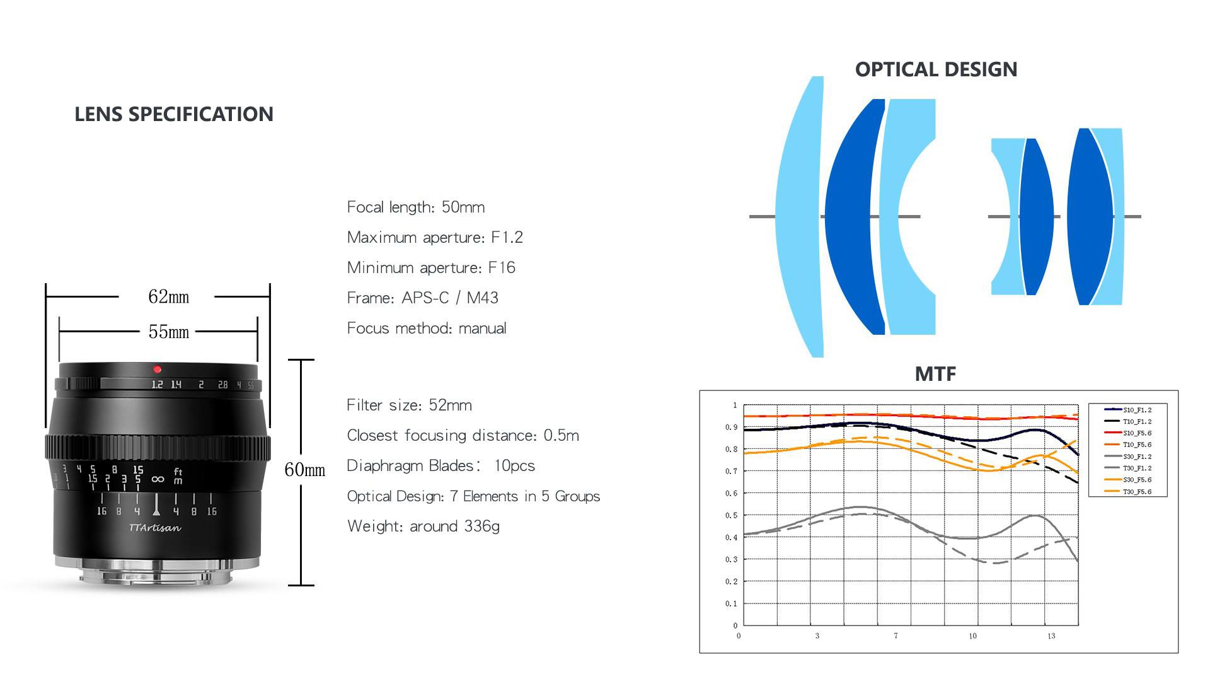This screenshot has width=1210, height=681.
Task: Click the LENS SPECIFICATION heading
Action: click(174, 114)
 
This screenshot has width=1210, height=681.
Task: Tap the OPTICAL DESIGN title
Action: click(936, 69)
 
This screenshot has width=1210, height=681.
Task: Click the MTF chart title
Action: click(935, 374)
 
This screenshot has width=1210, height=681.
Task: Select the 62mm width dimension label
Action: click(168, 296)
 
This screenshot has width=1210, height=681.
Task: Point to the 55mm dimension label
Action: click(168, 332)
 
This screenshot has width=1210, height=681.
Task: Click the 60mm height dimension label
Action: click(305, 470)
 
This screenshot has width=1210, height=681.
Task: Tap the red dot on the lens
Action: click(157, 369)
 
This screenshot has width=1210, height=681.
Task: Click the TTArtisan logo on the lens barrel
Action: click(155, 528)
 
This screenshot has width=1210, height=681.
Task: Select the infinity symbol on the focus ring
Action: click(158, 479)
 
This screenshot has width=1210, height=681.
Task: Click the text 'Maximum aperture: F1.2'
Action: click(435, 237)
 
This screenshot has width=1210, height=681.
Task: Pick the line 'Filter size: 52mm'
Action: click(409, 405)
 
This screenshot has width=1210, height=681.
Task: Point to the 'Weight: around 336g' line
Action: click(423, 527)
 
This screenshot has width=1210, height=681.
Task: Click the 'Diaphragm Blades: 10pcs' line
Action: click(441, 465)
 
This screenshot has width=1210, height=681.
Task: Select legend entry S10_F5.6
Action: click(1128, 433)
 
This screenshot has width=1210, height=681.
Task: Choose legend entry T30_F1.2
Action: click(1128, 468)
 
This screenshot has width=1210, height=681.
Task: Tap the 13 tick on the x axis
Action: click(1051, 636)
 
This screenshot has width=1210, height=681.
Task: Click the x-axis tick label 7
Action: click(896, 636)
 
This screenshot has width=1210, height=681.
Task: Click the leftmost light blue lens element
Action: click(799, 217)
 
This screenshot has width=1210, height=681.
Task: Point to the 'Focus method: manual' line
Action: click(427, 328)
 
